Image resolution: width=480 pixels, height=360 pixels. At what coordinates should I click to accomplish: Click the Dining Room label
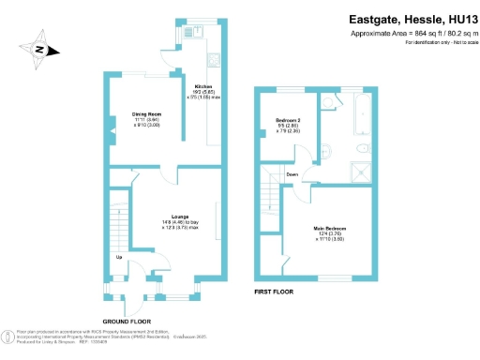(147, 116)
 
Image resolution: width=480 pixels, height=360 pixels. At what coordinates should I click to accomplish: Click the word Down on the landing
(292, 174)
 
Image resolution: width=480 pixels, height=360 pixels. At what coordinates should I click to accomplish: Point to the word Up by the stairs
(118, 256)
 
